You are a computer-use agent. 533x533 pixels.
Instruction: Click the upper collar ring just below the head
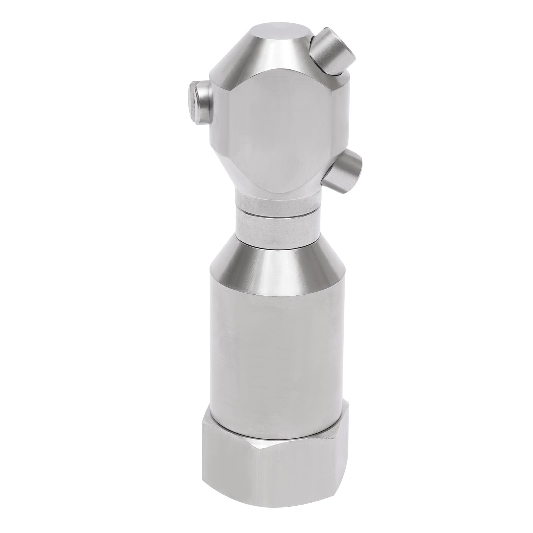[276, 204]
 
